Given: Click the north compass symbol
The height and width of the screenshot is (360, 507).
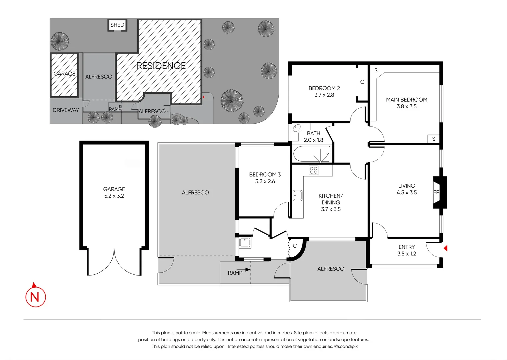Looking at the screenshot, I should coord(35,296).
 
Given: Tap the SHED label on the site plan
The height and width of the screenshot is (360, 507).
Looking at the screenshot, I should coord(117,25).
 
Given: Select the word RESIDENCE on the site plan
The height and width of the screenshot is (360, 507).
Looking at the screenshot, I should coord(161,66).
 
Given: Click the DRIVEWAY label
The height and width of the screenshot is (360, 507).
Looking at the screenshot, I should coord(66,110).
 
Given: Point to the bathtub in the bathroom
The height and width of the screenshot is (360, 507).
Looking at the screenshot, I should coord(312,154).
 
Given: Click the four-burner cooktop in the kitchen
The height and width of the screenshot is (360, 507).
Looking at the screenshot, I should coord(313,170).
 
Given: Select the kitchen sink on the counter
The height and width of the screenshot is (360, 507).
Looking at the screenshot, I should coord(297,195).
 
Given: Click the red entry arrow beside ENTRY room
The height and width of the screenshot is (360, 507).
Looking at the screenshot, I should coord(445,248).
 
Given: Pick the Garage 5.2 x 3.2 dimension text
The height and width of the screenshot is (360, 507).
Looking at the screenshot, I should coord(114,196).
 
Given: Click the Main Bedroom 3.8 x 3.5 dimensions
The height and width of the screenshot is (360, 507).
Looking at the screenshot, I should coord(407,106).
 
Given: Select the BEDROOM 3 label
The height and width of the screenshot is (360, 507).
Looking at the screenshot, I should coord(265,174).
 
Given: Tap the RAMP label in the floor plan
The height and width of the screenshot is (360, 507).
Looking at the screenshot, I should coord(235,273).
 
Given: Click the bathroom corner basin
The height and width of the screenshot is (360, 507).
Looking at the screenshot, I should coord(296,128).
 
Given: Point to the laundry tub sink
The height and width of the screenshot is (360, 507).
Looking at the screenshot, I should coord(245,242).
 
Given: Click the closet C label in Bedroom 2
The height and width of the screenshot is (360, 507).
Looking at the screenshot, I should coord(362,82).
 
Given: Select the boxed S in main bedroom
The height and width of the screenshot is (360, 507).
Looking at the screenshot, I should coord(433,139).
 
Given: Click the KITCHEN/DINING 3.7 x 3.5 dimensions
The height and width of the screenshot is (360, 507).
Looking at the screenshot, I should coord(331,209).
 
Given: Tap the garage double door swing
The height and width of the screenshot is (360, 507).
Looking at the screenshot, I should coord(114,263).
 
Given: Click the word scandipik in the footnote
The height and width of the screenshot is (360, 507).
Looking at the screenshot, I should coord(348,346).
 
